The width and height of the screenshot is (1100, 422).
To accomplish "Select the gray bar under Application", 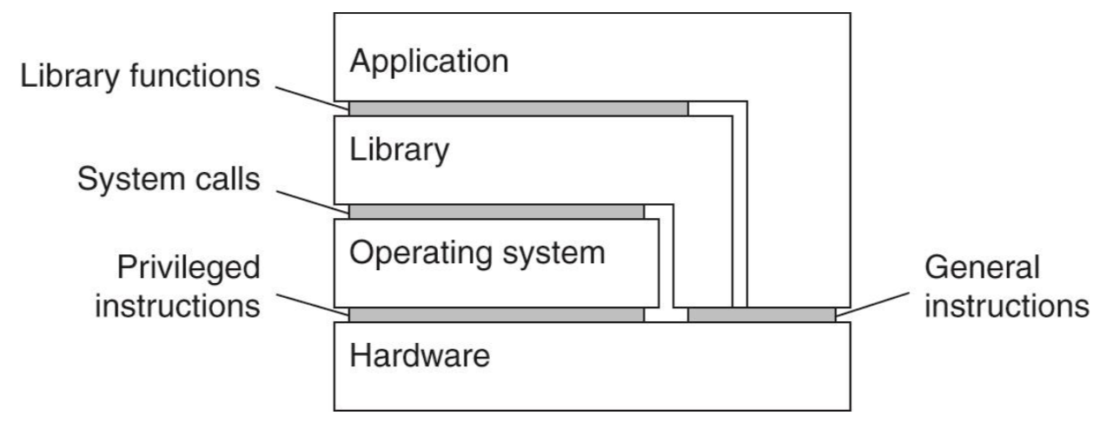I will (x=518, y=109).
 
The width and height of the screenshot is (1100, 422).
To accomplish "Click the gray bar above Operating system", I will (x=496, y=212).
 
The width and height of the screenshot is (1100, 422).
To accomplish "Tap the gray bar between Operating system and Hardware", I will (x=496, y=314).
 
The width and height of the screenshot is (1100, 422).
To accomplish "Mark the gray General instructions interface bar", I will (x=761, y=314).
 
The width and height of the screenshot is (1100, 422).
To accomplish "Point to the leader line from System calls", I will (x=307, y=197).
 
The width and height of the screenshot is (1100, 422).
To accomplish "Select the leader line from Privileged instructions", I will (x=307, y=300).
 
